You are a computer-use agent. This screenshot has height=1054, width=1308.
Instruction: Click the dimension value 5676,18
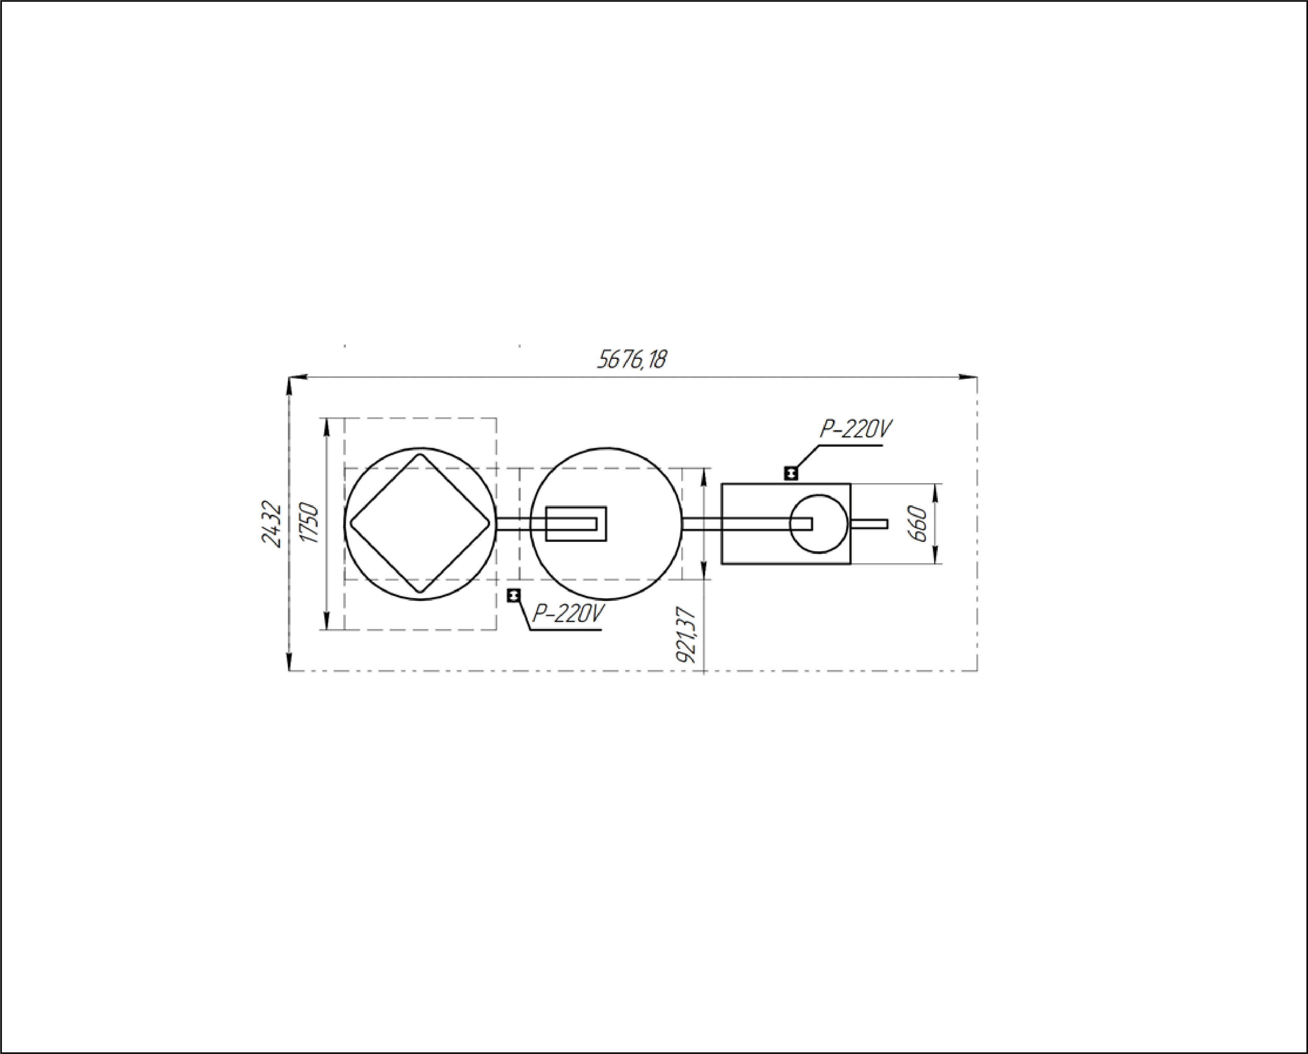click(631, 360)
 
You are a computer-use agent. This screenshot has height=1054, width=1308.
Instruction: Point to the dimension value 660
click(918, 524)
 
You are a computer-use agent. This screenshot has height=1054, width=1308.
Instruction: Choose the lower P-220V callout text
click(568, 614)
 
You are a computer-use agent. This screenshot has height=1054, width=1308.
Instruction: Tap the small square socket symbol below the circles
click(514, 596)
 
